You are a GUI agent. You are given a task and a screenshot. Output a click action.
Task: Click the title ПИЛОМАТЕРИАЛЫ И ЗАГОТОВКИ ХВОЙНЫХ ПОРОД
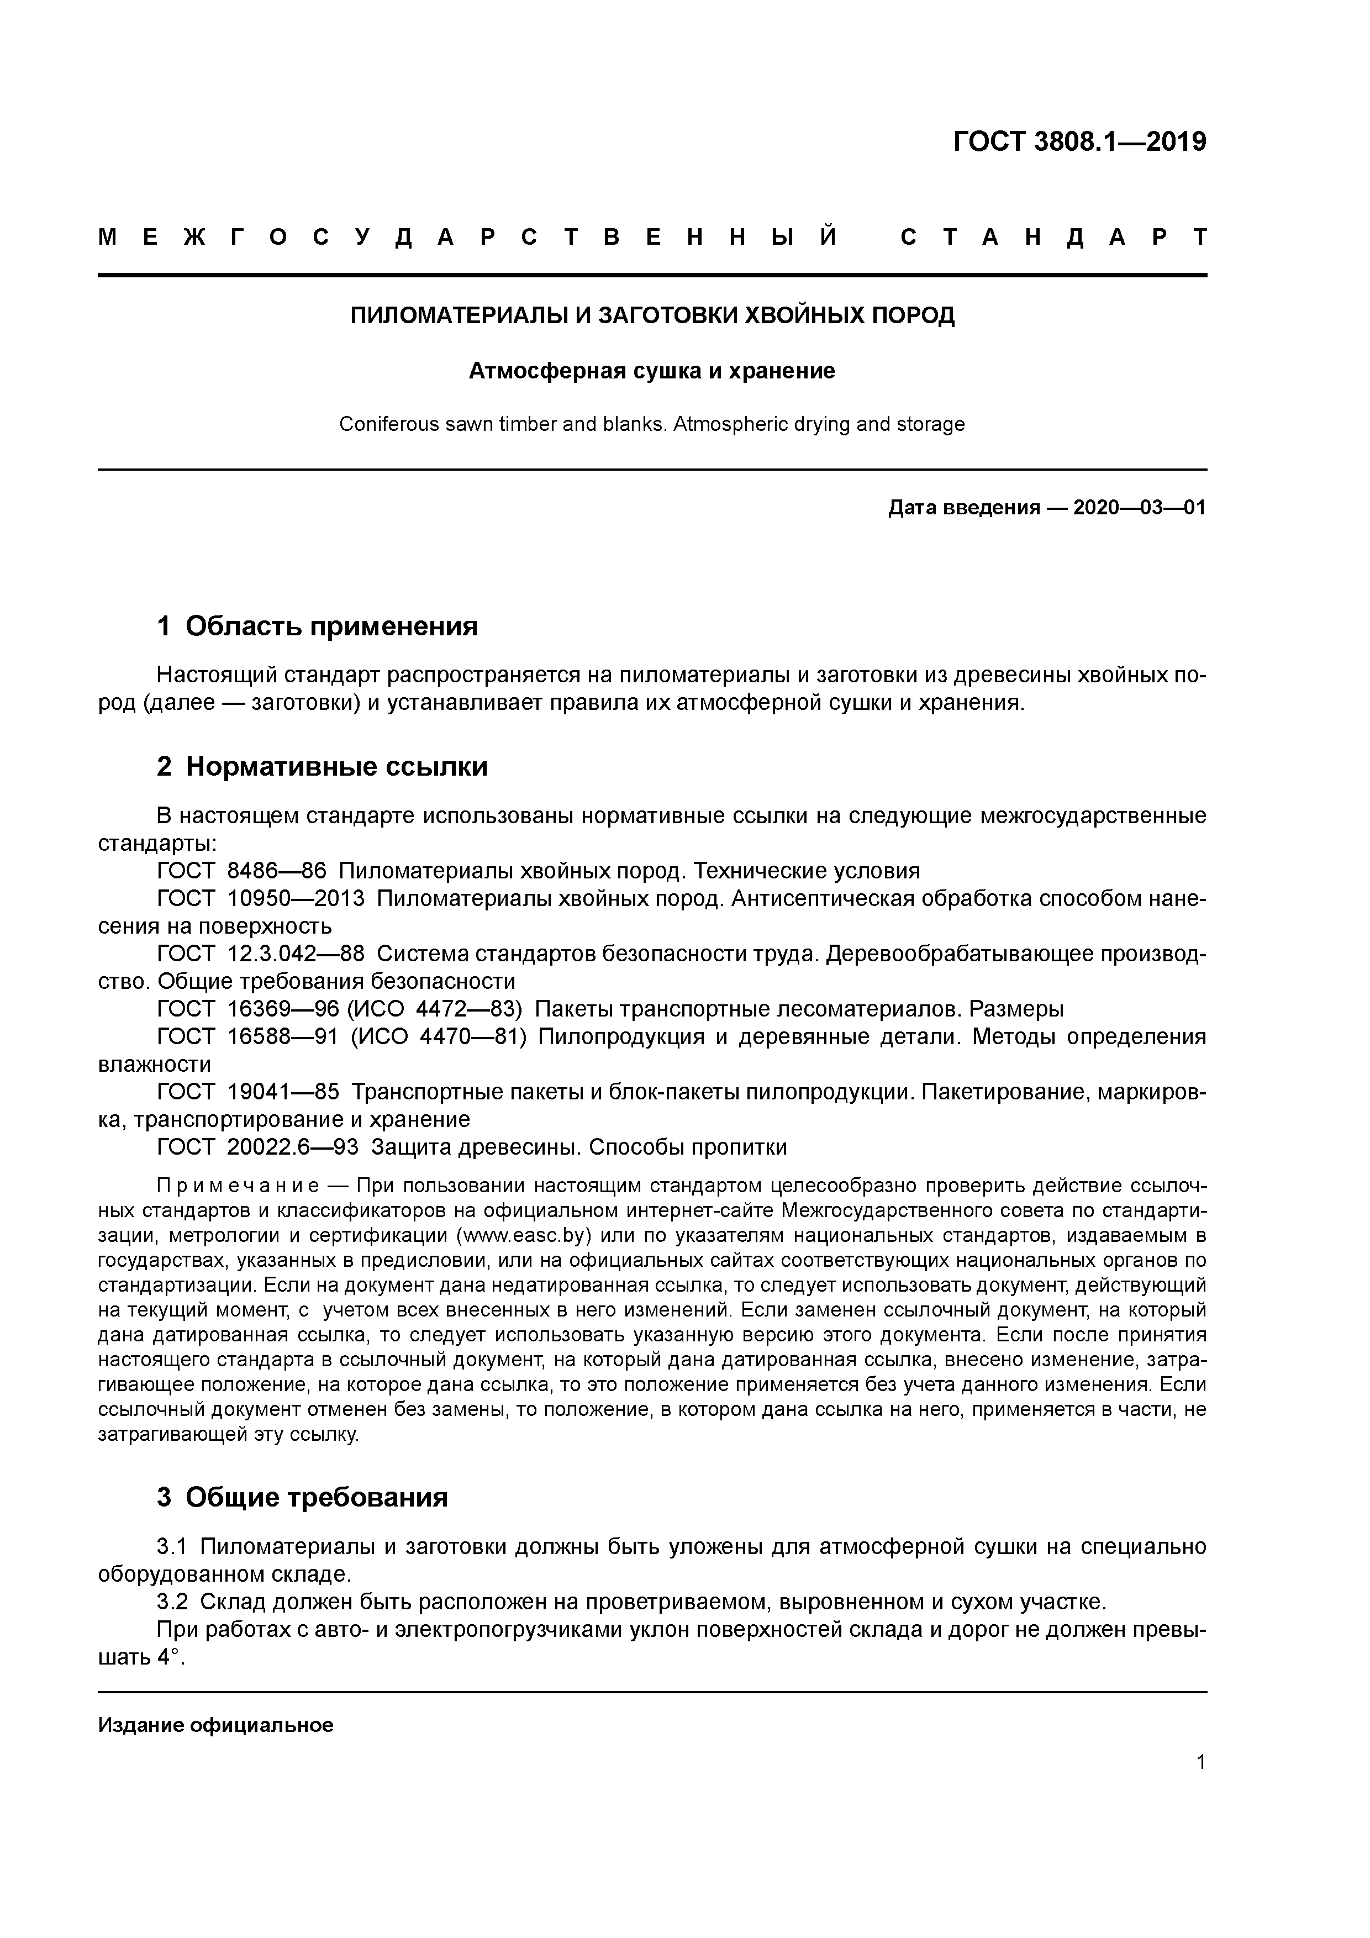[x=652, y=315]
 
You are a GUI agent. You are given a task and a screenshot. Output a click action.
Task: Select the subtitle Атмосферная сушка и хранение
[x=652, y=371]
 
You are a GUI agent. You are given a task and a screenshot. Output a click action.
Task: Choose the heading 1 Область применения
[x=318, y=626]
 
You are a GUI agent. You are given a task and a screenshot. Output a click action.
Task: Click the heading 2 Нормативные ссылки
[x=323, y=766]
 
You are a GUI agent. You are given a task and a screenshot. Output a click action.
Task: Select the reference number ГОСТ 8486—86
[x=241, y=870]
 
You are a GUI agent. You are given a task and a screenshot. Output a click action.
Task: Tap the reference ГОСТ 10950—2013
[x=261, y=898]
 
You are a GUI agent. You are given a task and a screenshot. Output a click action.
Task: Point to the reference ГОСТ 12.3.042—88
[x=261, y=954]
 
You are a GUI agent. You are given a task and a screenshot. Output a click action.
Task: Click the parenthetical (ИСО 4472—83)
[x=434, y=1009]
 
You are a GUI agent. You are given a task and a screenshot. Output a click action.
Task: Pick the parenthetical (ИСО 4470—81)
[x=438, y=1036]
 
